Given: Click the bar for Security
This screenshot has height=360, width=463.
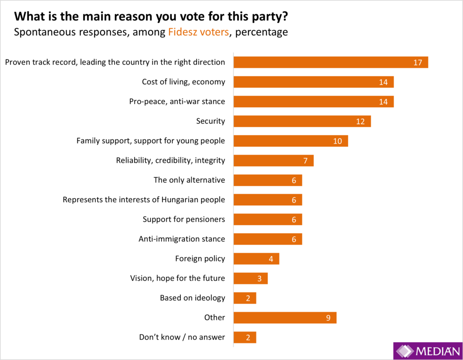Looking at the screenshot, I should coord(302,121).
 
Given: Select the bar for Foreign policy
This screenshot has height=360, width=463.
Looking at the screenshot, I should coord(256,259).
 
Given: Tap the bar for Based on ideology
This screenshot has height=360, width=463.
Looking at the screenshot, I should coord(245,298).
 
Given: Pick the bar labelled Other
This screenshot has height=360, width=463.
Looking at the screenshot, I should coord(285,317).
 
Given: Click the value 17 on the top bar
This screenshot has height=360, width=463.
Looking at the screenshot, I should coord(417,62).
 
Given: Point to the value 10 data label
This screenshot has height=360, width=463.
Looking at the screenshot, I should coord(337,141).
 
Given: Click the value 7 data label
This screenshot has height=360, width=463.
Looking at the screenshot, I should coord(305,161).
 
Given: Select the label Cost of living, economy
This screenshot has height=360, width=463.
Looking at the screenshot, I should coord(183,82).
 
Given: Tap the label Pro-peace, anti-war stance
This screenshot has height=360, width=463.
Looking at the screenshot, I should coord(177,101).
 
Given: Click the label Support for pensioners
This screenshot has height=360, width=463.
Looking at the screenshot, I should coord(184,219).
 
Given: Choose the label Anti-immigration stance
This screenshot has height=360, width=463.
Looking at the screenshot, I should coord(181,239).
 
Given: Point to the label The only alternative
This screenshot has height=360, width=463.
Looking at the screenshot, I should coord(189,180).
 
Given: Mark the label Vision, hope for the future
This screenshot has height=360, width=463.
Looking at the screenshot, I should coord(177,278).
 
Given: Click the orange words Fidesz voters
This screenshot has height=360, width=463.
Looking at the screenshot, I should coord(198,32).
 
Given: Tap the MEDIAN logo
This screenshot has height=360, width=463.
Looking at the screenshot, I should coord(427,351).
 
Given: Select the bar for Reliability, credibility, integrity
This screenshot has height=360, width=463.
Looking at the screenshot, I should coord(274,161).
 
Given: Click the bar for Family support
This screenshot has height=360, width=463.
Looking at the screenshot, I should coord(291,141).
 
